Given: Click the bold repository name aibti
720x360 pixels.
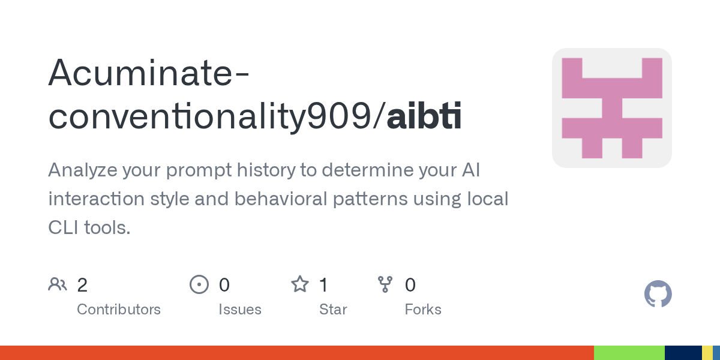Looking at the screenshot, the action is (x=424, y=115).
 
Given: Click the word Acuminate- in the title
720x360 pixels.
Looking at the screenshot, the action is (x=149, y=73).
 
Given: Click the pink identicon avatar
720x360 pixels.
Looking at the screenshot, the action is (x=611, y=108).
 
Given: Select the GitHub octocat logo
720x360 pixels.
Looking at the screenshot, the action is (x=658, y=294).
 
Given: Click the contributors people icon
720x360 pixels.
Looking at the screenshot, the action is (x=58, y=284).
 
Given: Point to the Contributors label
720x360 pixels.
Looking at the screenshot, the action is (x=119, y=310).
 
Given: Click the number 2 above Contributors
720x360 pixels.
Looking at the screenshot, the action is (x=82, y=285).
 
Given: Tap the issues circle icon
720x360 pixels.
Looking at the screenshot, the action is (x=199, y=284).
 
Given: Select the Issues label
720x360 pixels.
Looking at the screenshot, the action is (x=240, y=310).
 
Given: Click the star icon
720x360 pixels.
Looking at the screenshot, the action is (x=300, y=284).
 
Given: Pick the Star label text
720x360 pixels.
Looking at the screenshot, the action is (x=333, y=310).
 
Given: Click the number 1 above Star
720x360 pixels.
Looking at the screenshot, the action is (x=323, y=285).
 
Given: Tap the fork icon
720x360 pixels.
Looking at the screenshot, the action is (x=385, y=284).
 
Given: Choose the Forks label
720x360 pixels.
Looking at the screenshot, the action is (x=423, y=310).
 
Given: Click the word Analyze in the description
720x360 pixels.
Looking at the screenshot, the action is (x=83, y=170).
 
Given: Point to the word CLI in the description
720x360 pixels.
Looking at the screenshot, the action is (x=63, y=227).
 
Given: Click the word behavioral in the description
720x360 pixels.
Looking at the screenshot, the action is (x=281, y=199).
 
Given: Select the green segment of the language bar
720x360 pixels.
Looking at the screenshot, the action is (x=629, y=353).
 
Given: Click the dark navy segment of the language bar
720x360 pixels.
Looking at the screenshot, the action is (x=683, y=353).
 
